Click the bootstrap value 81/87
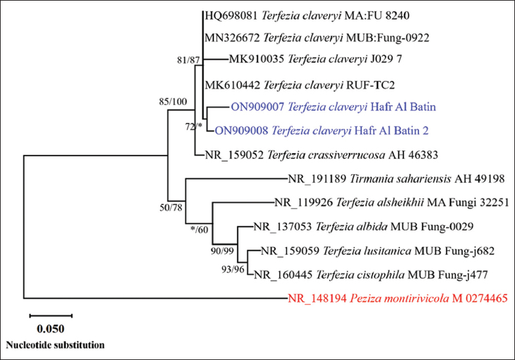tap(187, 60)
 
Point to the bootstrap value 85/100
tap(173, 101)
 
